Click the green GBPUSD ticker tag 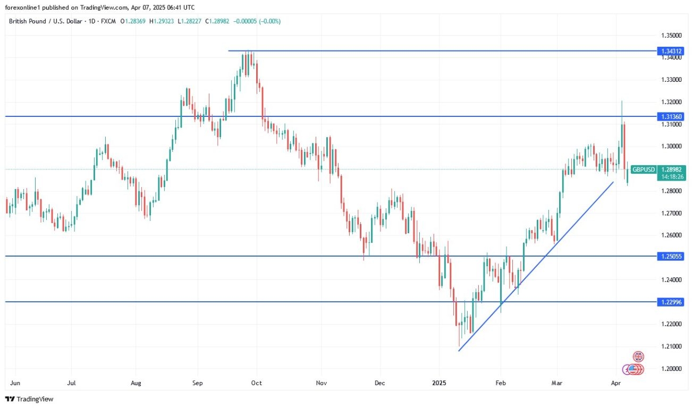644,169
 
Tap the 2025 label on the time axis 439,382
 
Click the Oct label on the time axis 257,382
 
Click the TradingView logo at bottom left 30,399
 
